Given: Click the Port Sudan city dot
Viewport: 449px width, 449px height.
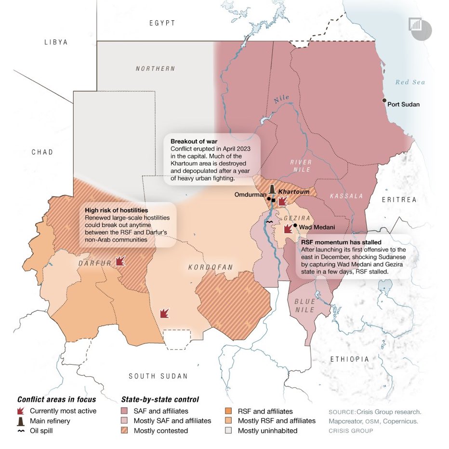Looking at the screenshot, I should point(384,100).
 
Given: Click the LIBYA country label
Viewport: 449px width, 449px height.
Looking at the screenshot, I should point(56,42).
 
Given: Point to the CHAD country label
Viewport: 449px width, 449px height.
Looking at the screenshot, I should point(42,152).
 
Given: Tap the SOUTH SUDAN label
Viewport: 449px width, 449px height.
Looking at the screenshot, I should point(158,376).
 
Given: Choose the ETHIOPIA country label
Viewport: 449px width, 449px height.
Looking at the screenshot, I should point(350,359).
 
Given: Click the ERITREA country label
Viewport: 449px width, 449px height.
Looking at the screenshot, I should point(399,199).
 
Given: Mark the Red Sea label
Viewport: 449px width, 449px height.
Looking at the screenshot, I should point(410,82).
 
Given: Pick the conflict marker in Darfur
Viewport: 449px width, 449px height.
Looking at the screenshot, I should point(120,261).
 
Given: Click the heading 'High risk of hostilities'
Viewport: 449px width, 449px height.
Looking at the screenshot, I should point(116,211).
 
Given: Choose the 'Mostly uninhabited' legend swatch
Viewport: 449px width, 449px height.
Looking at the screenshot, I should point(229,431).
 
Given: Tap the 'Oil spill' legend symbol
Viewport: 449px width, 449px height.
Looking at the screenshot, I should point(21,431).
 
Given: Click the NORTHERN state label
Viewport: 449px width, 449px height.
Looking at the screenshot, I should point(155,69).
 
